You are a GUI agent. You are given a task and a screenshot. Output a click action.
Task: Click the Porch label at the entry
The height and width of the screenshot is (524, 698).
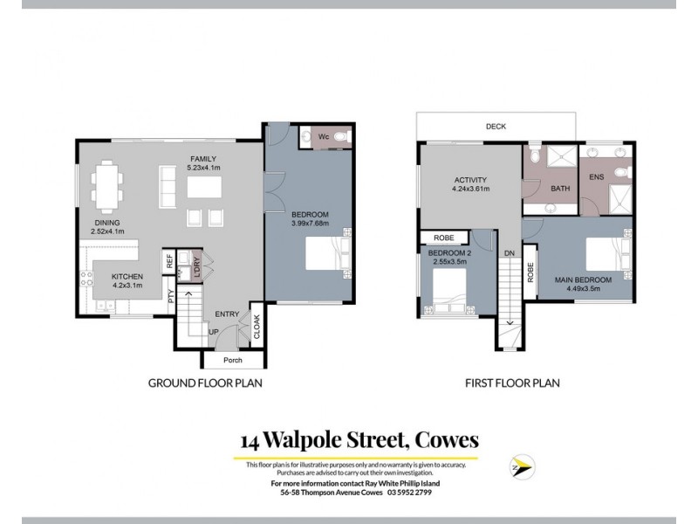pos(232,360)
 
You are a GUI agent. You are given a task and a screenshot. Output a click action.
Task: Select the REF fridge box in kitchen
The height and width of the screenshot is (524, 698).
pos(171,259)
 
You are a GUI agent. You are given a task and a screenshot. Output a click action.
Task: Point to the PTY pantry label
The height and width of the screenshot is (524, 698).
pos(172,295)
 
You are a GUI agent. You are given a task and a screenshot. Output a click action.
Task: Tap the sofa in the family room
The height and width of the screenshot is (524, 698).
pos(168,185)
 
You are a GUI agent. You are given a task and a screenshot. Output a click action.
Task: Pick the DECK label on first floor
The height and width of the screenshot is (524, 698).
pos(496,125)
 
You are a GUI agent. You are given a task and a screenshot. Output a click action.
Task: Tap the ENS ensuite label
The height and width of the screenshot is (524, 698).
pos(597,178)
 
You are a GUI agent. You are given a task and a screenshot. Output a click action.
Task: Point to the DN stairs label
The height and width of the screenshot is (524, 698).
pos(509,253)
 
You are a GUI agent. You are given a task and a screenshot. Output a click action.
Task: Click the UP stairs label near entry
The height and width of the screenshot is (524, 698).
pos(214,332)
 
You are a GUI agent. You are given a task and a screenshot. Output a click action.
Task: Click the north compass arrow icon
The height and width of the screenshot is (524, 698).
pos(522,466)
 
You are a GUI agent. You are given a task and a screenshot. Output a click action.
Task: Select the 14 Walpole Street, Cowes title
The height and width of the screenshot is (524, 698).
pos(359,440)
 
